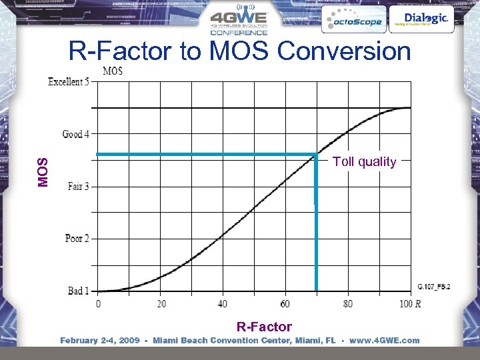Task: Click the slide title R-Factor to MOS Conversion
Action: tap(240, 51)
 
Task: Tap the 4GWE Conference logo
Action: tap(239, 22)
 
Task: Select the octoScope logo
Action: tap(353, 21)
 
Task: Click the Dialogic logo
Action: tap(421, 19)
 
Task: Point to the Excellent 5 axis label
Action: tap(69, 82)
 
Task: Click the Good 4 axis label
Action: tap(76, 134)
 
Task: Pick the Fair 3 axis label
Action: tap(78, 186)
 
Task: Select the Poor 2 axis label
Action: tap(77, 238)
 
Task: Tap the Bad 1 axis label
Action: tap(78, 291)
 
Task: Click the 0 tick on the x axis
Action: tap(99, 304)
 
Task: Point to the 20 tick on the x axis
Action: tap(161, 304)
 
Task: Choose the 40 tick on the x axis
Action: tap(223, 304)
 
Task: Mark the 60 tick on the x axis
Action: tap(285, 304)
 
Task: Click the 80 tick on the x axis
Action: tap(348, 304)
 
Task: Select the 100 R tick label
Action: tap(409, 304)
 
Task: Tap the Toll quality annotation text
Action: tap(364, 161)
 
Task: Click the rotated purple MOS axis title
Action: tap(43, 172)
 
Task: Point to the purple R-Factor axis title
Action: tap(264, 326)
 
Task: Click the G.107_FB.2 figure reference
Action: tap(434, 286)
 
